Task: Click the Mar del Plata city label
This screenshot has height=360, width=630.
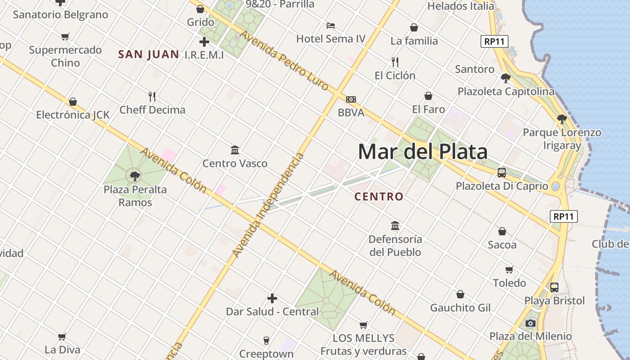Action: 423,152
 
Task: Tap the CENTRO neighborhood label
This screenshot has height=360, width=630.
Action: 379,197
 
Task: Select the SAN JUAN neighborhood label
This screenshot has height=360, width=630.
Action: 148,55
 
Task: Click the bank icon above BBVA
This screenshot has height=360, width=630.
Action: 351,99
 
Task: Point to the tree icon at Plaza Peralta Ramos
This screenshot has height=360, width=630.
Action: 135,176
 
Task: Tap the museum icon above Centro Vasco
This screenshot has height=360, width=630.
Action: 235,150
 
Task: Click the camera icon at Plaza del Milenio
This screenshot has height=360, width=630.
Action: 531,323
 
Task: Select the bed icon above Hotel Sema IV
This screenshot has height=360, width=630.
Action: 331,25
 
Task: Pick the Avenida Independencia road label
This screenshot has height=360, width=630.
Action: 269,205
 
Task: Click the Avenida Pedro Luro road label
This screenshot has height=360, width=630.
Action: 284,60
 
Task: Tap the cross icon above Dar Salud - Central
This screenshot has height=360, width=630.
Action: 272,298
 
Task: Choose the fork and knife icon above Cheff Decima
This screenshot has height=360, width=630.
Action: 152,96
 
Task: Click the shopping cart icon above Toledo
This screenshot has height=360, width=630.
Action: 509,270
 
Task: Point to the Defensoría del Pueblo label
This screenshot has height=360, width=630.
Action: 395,245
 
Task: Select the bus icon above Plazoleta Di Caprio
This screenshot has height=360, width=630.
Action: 502,172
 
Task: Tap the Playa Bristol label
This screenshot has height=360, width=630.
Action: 554,301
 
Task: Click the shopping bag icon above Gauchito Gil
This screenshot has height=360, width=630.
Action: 460,294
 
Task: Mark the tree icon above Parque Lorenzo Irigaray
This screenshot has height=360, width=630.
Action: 562,119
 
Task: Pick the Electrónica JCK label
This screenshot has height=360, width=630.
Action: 73,115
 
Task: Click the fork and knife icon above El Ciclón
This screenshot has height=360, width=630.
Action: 395,62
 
